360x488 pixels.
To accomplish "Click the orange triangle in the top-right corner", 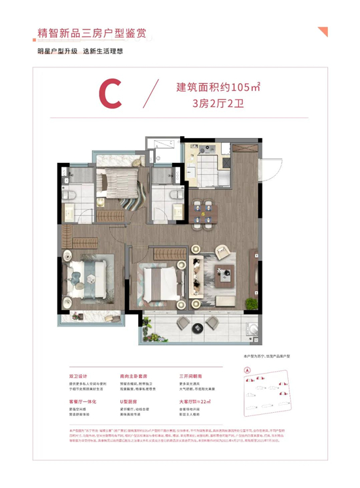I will (x=322, y=31).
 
